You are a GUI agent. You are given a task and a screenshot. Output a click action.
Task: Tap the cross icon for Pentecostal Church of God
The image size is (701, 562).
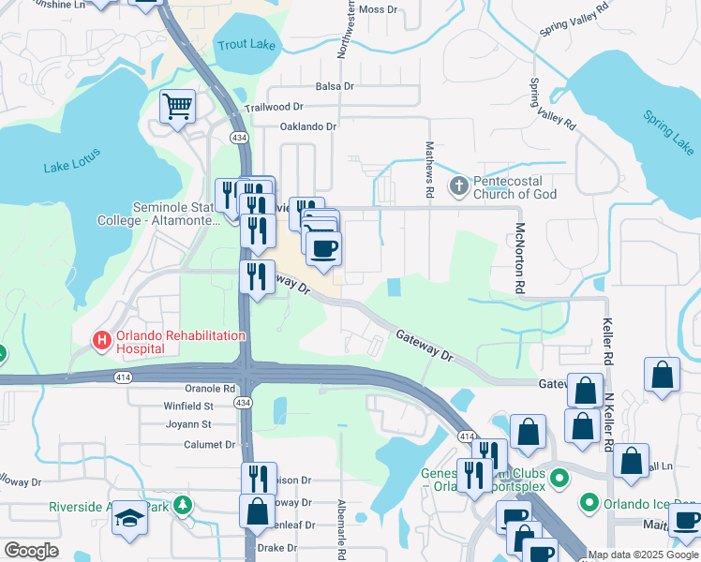(459, 184)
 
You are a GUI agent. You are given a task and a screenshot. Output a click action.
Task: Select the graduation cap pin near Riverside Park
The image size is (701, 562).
(129, 517)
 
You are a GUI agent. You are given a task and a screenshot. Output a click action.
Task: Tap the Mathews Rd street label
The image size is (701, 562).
(429, 169)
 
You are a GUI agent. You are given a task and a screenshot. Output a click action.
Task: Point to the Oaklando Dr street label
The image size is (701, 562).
(307, 126)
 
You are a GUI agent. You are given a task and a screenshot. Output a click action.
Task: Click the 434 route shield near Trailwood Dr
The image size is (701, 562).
(241, 138)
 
